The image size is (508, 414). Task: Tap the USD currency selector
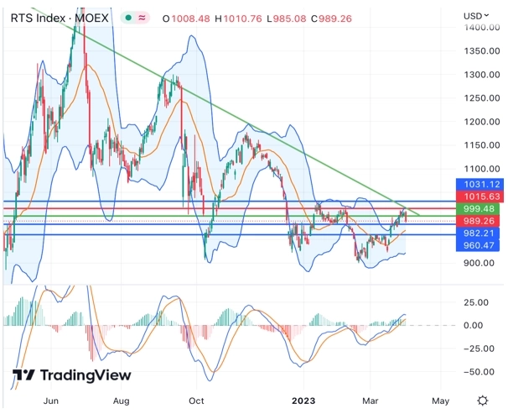(475, 16)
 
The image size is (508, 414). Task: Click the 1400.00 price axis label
(480, 28)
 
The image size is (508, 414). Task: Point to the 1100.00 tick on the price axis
(480, 169)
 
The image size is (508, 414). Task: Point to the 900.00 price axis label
(480, 263)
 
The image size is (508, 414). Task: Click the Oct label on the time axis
(197, 401)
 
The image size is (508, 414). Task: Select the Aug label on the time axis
(121, 401)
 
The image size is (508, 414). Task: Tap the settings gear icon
(483, 401)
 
